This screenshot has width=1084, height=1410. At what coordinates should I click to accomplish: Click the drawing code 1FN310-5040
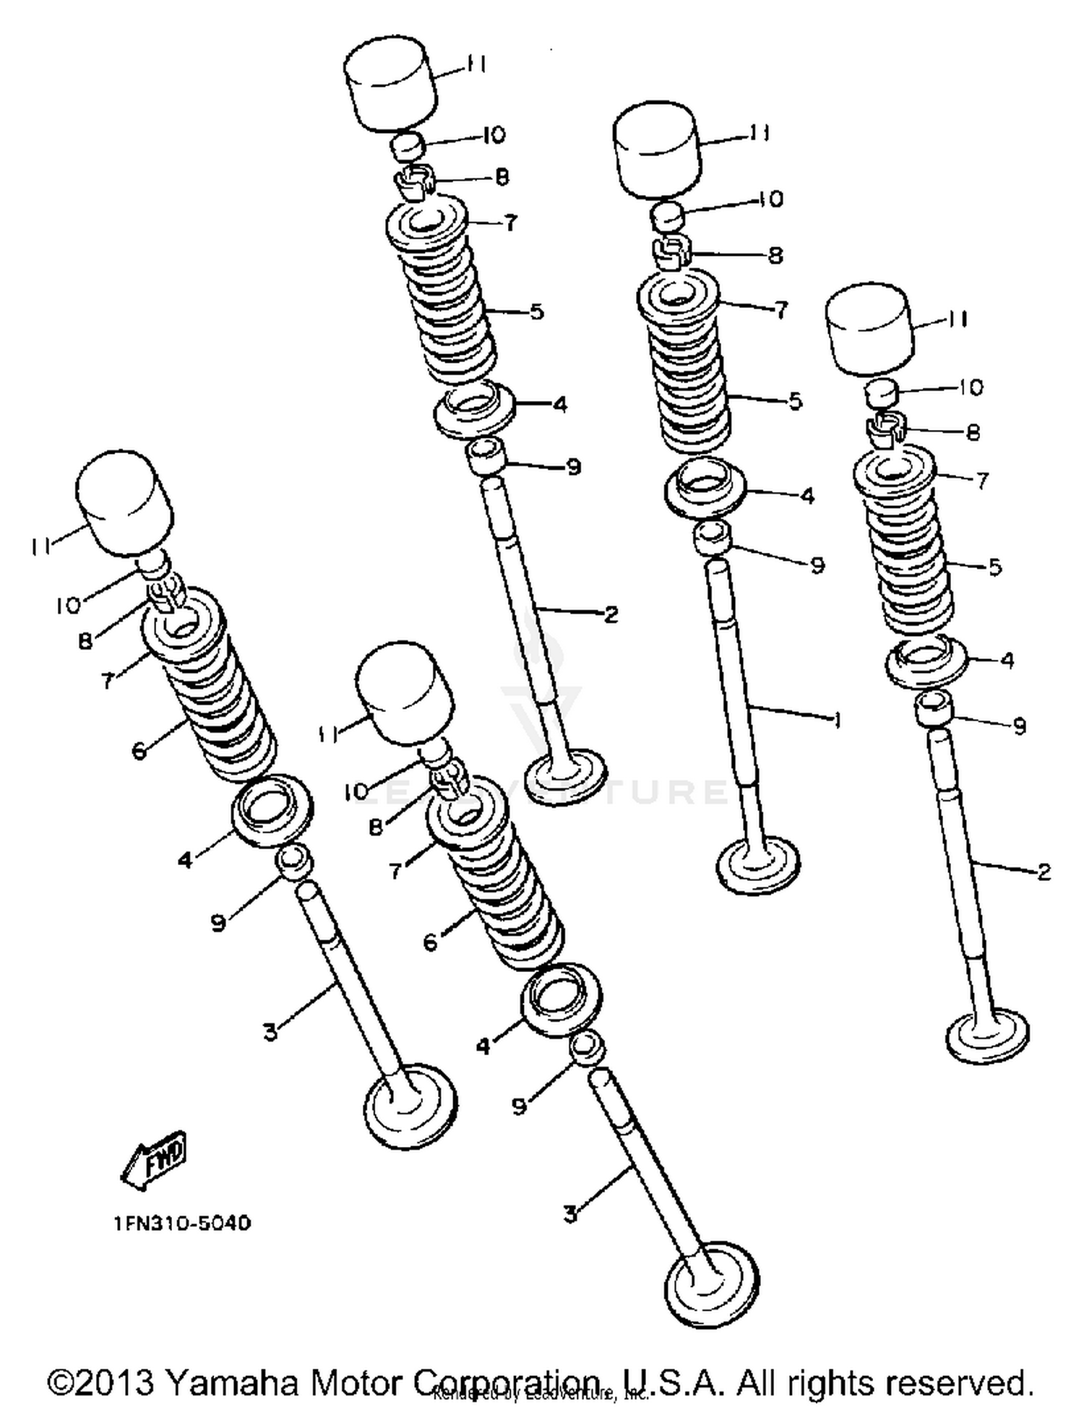pos(182,1223)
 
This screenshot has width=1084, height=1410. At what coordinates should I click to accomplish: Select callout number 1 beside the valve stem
pos(837,721)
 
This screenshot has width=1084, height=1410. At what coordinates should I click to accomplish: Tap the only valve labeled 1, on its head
pos(759,866)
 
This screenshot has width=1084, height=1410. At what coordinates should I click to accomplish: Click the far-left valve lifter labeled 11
pos(125,503)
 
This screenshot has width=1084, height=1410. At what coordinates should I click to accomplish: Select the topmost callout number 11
pos(475,65)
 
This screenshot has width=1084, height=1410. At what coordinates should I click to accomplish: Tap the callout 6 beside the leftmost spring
pos(139,750)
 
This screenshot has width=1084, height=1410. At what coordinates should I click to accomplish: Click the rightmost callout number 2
pos(1043,872)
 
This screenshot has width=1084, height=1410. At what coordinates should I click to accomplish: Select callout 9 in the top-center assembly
pos(573,468)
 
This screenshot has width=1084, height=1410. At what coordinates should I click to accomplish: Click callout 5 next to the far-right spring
pos(994,567)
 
